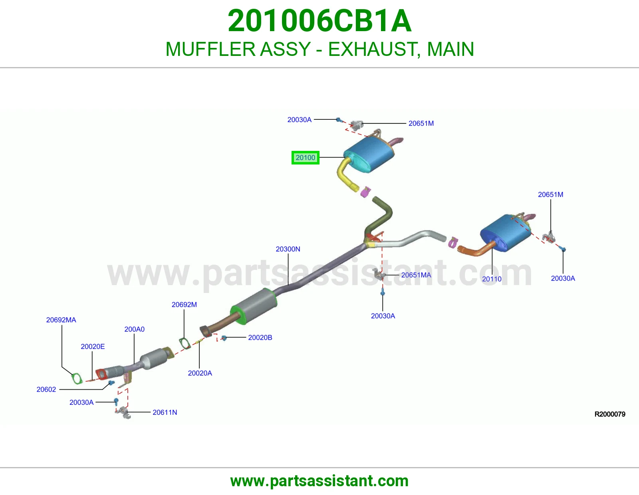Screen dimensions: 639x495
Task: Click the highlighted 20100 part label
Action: tap(305, 158)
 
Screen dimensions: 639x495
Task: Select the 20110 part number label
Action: tap(492, 279)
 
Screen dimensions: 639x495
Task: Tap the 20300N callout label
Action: tap(288, 249)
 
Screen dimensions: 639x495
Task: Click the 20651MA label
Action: tap(416, 275)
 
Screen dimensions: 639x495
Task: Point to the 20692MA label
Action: tap(61, 320)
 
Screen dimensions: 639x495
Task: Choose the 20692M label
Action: tap(184, 305)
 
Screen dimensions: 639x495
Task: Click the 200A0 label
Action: tap(134, 329)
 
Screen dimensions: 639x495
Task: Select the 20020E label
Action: tap(93, 346)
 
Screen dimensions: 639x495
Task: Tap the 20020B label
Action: tap(260, 337)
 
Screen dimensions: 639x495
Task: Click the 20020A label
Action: tap(200, 373)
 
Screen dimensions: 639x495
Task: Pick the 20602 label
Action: tap(46, 390)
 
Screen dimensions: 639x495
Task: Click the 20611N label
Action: tap(165, 412)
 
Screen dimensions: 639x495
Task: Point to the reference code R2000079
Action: tap(610, 414)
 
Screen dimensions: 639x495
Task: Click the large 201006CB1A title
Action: tap(319, 21)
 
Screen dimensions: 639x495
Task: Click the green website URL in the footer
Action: tap(319, 481)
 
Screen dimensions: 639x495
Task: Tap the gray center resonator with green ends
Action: tap(254, 306)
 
